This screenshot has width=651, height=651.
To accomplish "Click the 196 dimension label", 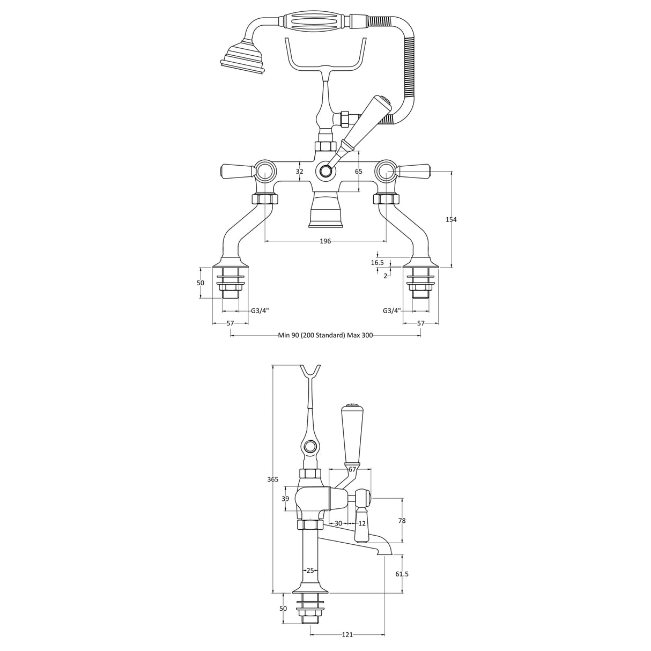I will tap(325, 241).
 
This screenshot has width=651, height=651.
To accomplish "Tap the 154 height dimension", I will tap(451, 219).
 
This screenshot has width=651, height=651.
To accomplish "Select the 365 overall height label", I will tap(273, 479).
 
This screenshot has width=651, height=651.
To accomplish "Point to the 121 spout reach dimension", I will tap(347, 635).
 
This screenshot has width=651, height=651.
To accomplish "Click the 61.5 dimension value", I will tap(402, 574).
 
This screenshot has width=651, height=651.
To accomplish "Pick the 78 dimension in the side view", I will tap(402, 521).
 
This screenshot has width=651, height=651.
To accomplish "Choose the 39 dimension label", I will tap(286, 499).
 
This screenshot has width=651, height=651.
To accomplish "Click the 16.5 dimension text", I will tap(378, 263).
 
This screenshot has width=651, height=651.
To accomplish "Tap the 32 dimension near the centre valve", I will tap(299, 172).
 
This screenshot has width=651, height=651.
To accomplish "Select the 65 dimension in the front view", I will tap(359, 172).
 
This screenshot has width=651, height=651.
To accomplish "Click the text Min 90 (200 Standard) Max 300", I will tap(325, 336).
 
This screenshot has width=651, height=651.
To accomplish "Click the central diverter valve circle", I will tap(325, 172).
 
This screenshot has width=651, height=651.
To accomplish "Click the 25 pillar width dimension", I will tap(310, 570).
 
